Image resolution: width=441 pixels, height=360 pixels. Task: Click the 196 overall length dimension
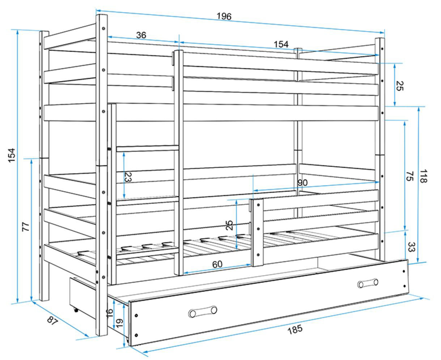[224, 16]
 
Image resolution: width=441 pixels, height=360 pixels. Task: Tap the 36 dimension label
[141, 35]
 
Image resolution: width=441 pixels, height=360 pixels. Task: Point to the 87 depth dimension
[52, 321]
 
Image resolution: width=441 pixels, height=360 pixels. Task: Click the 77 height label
[26, 227]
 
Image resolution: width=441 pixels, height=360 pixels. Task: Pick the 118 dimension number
[423, 176]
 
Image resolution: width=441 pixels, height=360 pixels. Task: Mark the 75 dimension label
[410, 176]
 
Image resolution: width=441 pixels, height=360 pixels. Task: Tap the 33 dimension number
[411, 247]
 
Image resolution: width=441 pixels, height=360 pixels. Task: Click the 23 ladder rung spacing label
[128, 177]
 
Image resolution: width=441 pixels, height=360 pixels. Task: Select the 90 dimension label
[302, 183]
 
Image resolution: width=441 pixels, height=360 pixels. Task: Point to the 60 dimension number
[217, 264]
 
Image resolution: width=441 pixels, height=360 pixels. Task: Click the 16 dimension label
[110, 313]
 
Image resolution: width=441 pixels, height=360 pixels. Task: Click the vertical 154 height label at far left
[12, 155]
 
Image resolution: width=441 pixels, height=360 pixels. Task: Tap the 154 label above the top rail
[281, 44]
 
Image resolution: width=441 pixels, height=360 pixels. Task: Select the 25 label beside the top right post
[399, 86]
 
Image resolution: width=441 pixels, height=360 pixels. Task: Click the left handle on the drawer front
[203, 312]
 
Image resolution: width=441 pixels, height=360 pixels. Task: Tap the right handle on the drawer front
[368, 283]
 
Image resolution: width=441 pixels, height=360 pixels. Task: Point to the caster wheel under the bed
[76, 310]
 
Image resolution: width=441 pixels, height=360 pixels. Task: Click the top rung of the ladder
[147, 148]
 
